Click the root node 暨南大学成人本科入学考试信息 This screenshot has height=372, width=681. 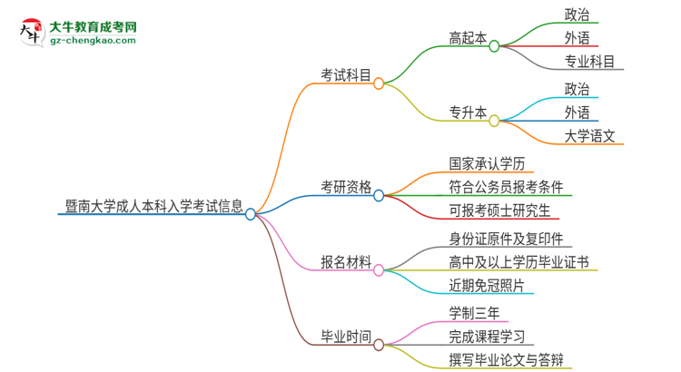[x=153, y=206]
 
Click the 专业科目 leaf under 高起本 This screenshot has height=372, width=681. [x=589, y=62]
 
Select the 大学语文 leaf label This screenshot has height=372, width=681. [x=589, y=136]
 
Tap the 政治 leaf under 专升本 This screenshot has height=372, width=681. [x=577, y=89]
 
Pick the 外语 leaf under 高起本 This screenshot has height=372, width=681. [x=577, y=38]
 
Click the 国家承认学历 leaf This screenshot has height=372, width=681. [x=486, y=164]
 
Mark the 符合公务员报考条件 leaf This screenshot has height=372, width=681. [x=511, y=188]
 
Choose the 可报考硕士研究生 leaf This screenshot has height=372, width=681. [x=499, y=211]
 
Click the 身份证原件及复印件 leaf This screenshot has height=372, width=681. [x=506, y=239]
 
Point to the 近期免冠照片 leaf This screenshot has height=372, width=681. [x=486, y=285]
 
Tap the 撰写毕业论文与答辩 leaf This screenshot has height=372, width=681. [x=510, y=360]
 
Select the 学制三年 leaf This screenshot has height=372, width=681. [x=473, y=313]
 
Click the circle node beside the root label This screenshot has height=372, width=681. [x=251, y=214]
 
